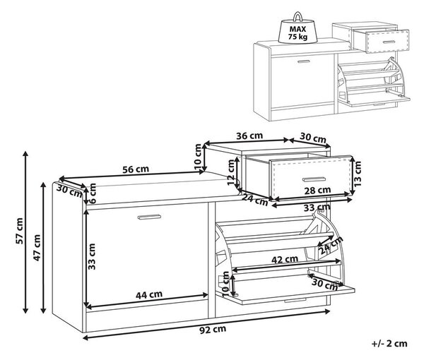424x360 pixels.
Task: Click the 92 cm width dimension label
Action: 213,329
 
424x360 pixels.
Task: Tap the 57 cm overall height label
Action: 20,231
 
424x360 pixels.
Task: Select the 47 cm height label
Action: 37,248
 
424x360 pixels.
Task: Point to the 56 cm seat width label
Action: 136,169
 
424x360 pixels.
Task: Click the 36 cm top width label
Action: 249,136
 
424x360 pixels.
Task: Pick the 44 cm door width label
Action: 149,294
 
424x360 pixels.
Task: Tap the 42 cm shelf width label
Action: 285,259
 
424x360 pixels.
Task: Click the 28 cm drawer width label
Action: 317,191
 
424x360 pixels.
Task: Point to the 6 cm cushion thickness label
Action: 93,193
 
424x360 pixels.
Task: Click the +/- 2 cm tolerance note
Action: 389,344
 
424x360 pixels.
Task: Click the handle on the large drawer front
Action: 314,179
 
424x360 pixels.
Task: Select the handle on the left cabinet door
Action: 149,217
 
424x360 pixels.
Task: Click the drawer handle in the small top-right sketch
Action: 389,42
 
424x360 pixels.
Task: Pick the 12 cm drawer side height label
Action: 230,172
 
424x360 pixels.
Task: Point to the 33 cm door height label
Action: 92,256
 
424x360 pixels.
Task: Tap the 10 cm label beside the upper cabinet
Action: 198,157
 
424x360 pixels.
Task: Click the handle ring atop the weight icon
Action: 298,16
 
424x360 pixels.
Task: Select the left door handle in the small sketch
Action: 304,61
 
